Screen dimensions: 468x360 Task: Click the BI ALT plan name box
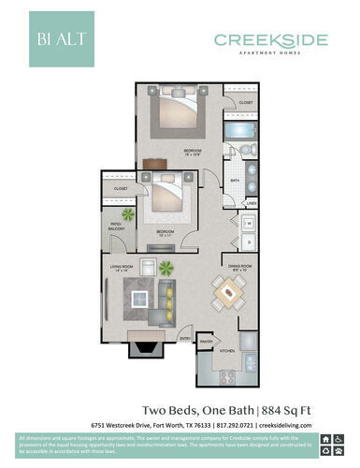coord(61,39)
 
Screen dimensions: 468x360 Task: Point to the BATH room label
coord(235,181)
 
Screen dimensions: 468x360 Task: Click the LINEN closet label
coord(251,202)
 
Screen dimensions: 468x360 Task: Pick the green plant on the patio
coord(126,214)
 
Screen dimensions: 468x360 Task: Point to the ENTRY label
coord(185,338)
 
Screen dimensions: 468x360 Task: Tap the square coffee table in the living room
coord(140,299)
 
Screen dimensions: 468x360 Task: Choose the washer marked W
coord(250,223)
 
